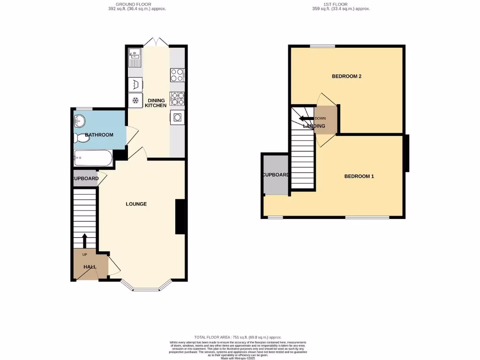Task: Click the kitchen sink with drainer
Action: point(135,58)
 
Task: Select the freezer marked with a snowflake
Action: point(135,100)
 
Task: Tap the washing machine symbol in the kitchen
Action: point(135,84)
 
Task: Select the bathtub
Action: point(93,158)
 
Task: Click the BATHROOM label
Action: point(99,135)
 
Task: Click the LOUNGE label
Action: point(136,204)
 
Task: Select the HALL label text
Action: point(90,267)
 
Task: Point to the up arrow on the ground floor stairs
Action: point(85,240)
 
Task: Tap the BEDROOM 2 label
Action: point(346,76)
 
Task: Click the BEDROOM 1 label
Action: point(359,176)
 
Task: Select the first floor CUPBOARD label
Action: point(276,175)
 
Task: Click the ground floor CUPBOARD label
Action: point(85,179)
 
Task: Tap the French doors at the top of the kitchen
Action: point(156,42)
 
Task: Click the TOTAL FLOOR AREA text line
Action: point(238,337)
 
